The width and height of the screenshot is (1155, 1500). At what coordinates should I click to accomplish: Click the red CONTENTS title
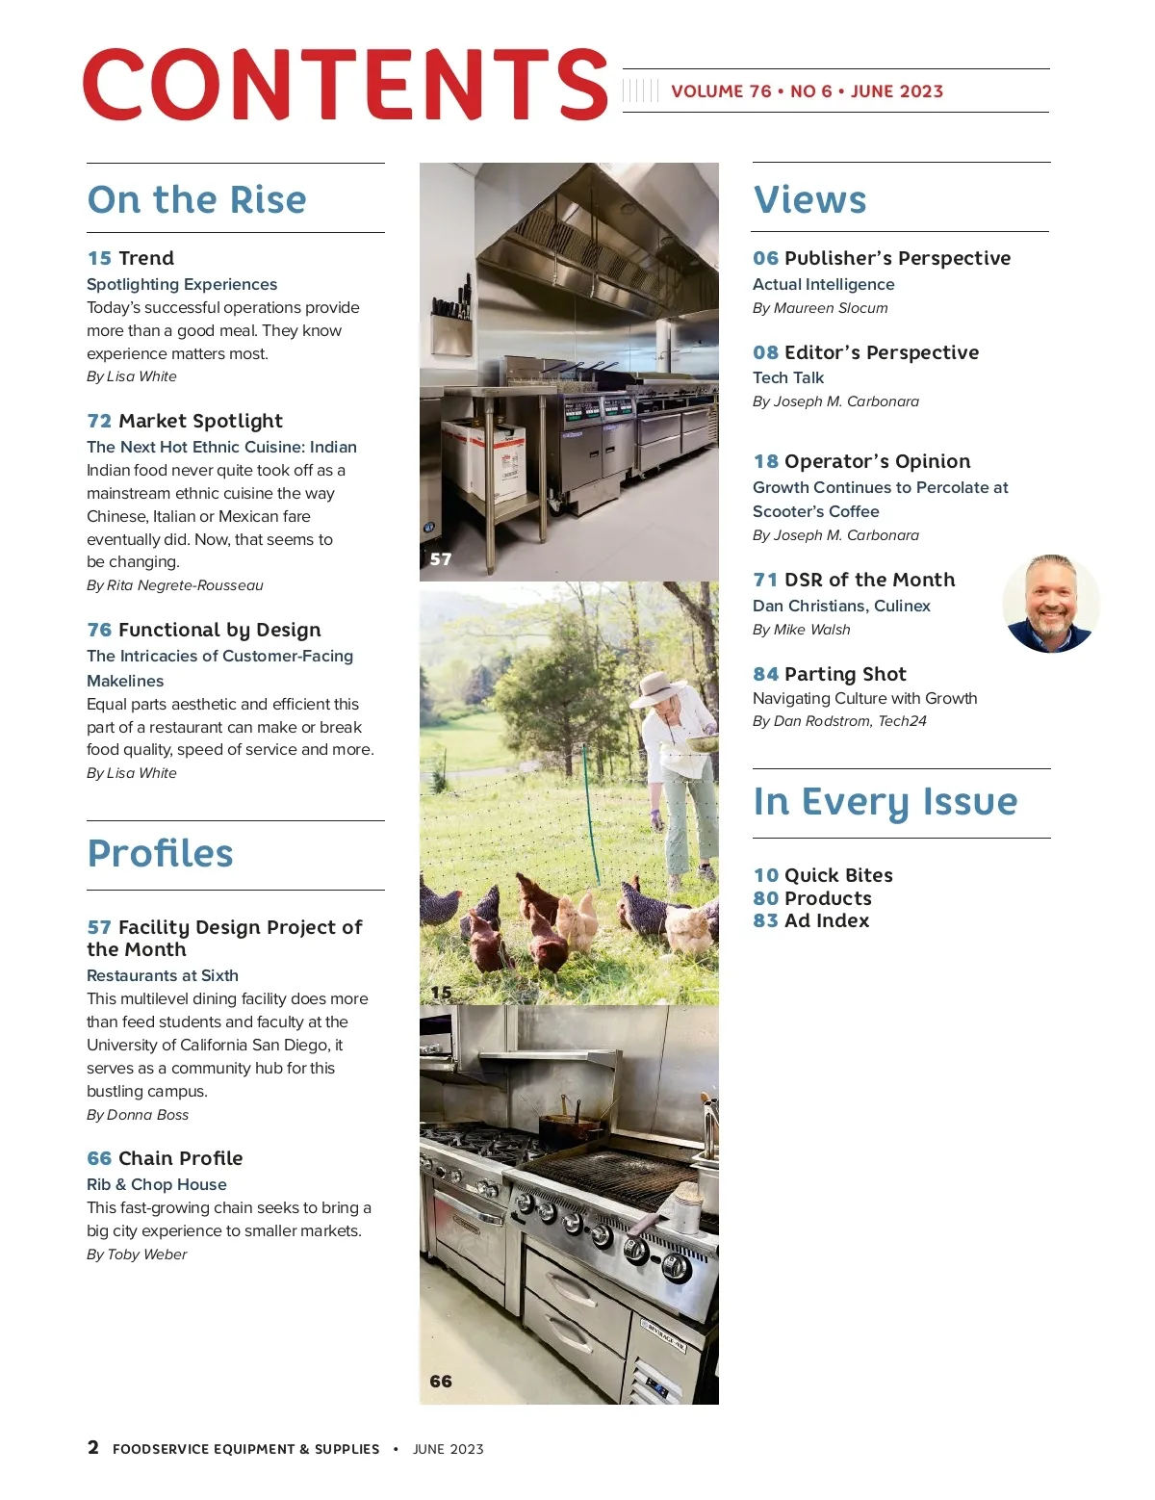345,86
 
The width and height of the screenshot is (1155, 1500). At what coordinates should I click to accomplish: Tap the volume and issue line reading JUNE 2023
807,91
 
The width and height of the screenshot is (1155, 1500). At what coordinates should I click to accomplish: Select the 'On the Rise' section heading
196,199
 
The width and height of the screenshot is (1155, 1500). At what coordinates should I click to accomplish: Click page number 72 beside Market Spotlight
99,421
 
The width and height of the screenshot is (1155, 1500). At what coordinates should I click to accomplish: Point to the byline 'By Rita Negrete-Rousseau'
174,585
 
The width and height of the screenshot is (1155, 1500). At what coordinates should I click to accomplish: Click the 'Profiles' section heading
160,853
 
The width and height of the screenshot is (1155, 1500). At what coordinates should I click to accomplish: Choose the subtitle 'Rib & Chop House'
157,1184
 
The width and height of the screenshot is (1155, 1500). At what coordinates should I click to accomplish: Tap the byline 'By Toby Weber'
137,1254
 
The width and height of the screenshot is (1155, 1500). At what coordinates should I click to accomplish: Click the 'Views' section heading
809,199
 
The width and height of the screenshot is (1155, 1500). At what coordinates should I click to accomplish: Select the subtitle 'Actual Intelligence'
823,284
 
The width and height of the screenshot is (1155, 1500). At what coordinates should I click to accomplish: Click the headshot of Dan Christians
1050,604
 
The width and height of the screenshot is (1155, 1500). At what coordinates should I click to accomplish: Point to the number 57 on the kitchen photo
441,559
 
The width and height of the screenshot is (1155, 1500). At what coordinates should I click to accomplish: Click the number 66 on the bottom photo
441,1382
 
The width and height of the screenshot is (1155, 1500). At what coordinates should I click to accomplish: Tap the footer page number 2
93,1447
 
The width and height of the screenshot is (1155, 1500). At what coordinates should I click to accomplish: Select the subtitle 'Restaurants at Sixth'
163,975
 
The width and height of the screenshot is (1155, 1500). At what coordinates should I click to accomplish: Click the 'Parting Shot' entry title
844,674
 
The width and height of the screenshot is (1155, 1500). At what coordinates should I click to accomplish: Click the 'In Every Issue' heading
885,802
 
